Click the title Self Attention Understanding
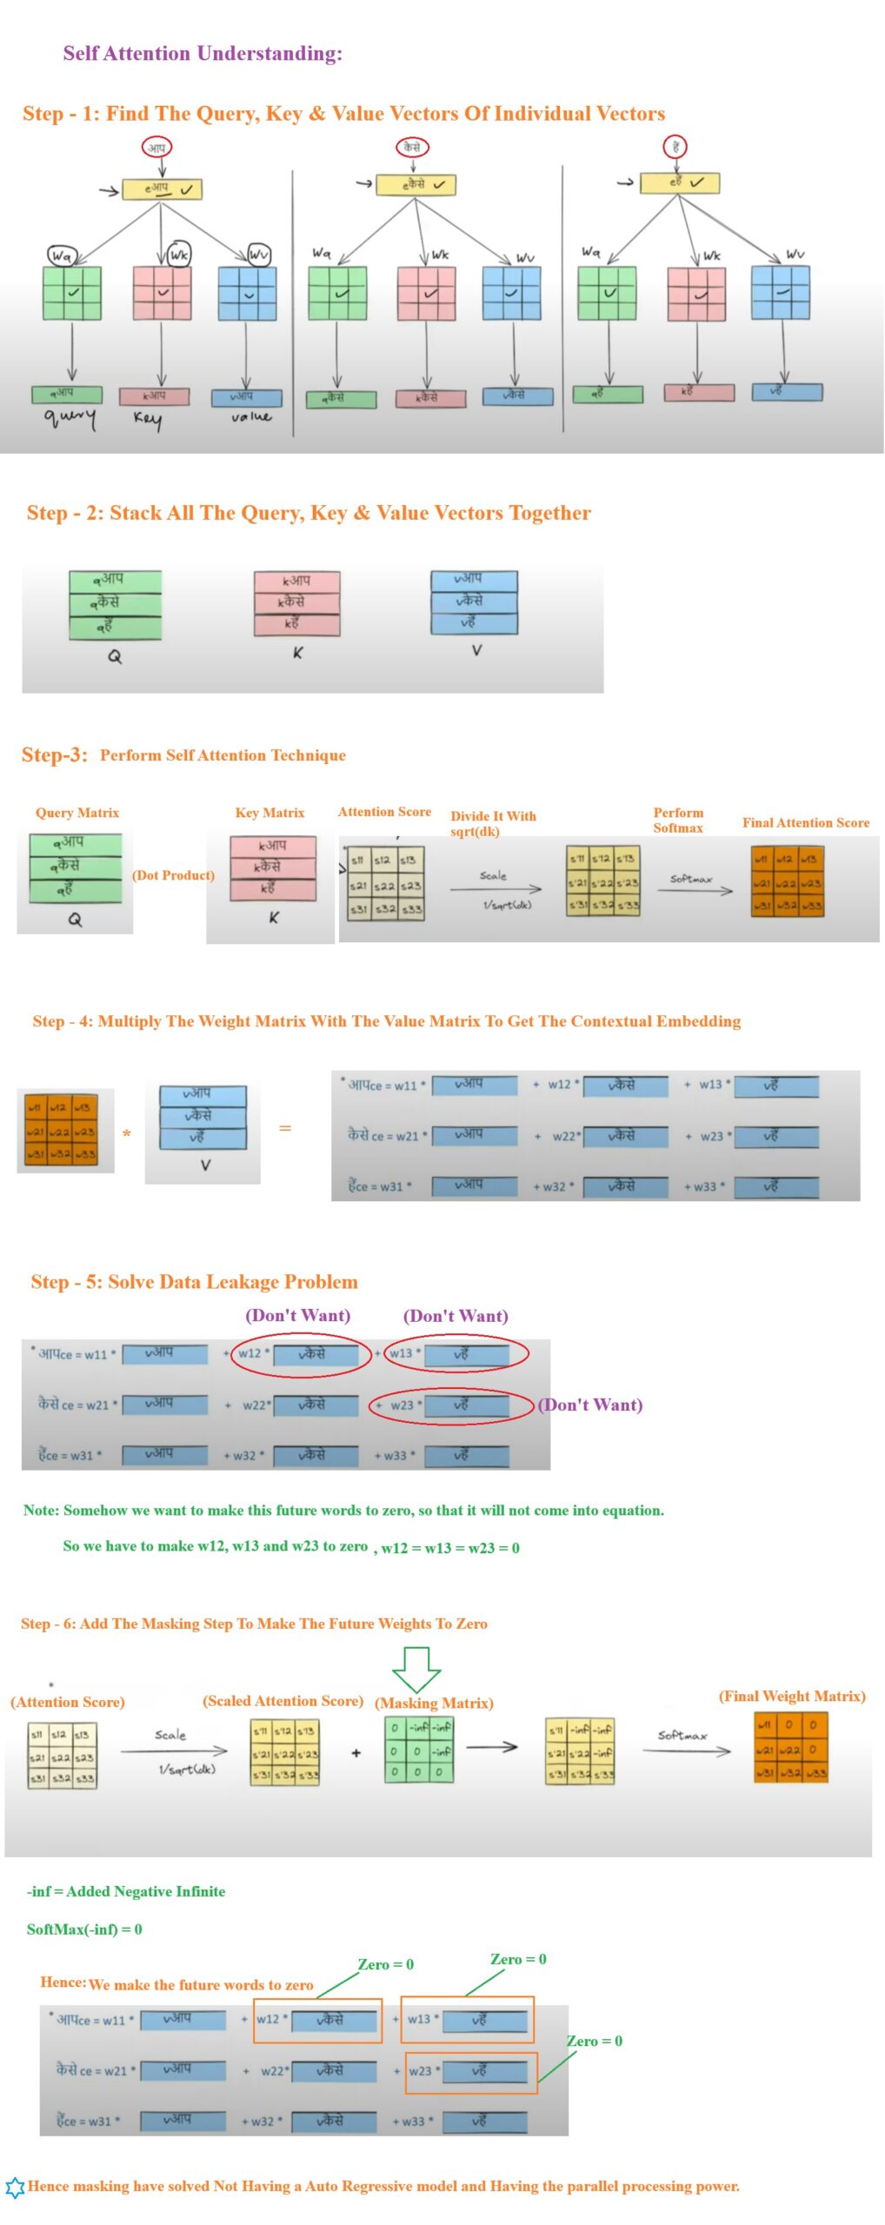[x=203, y=54]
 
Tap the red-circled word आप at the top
[x=156, y=147]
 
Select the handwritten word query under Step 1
[x=70, y=418]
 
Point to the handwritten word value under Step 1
[x=250, y=417]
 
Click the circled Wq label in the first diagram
[x=62, y=256]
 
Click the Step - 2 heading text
[x=309, y=513]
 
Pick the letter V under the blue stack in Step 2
[x=476, y=650]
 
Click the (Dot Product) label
[x=173, y=875]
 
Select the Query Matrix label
[x=77, y=813]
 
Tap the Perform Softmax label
[x=678, y=820]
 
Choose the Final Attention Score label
[x=805, y=822]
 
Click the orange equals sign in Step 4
[x=285, y=1128]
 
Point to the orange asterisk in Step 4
[x=127, y=1134]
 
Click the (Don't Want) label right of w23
[x=591, y=1405]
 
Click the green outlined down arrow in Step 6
[x=416, y=1667]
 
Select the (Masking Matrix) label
[x=434, y=1703]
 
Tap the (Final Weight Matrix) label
[x=791, y=1696]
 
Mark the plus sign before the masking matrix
[x=356, y=1753]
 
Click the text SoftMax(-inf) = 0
[x=84, y=1929]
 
